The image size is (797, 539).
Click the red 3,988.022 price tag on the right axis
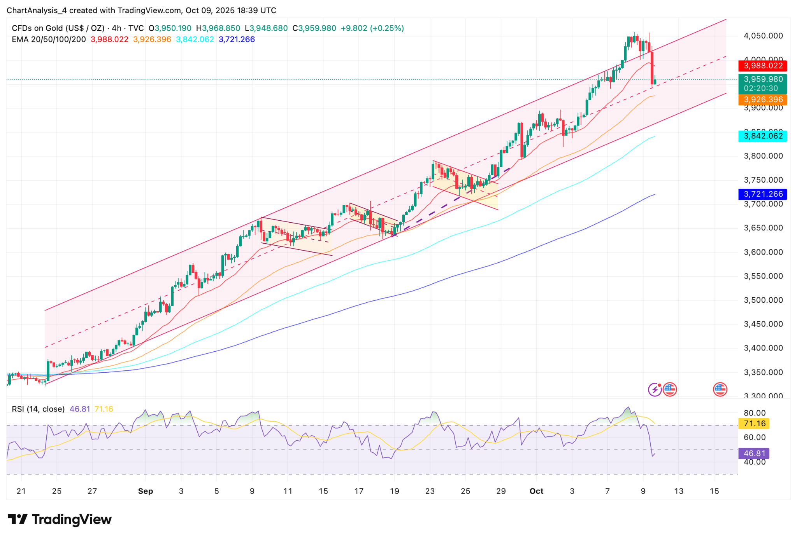pyautogui.click(x=762, y=66)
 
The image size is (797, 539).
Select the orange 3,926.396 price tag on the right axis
pyautogui.click(x=762, y=99)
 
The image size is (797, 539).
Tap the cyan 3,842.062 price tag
pyautogui.click(x=762, y=136)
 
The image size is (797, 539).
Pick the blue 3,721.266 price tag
pyautogui.click(x=762, y=194)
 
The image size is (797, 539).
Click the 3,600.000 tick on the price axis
pyautogui.click(x=763, y=252)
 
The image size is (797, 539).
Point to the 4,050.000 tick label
pyautogui.click(x=763, y=36)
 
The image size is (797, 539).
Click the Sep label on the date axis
pyautogui.click(x=146, y=491)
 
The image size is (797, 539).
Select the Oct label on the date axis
pyautogui.click(x=536, y=491)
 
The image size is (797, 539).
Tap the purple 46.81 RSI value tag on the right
pyautogui.click(x=754, y=453)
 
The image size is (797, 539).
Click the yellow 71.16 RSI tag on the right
pyautogui.click(x=754, y=423)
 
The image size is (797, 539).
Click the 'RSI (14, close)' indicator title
pyautogui.click(x=38, y=409)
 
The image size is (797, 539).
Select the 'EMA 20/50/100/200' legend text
pyautogui.click(x=49, y=39)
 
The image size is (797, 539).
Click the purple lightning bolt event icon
pyautogui.click(x=655, y=389)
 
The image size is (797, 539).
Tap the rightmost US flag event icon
pyautogui.click(x=720, y=389)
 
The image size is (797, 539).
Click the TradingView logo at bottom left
pyautogui.click(x=60, y=519)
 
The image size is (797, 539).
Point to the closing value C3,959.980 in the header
pyautogui.click(x=314, y=28)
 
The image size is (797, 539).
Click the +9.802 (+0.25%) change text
pyautogui.click(x=372, y=28)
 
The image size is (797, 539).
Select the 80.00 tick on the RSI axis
pyautogui.click(x=755, y=413)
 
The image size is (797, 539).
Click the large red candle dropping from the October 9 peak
pyautogui.click(x=652, y=68)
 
